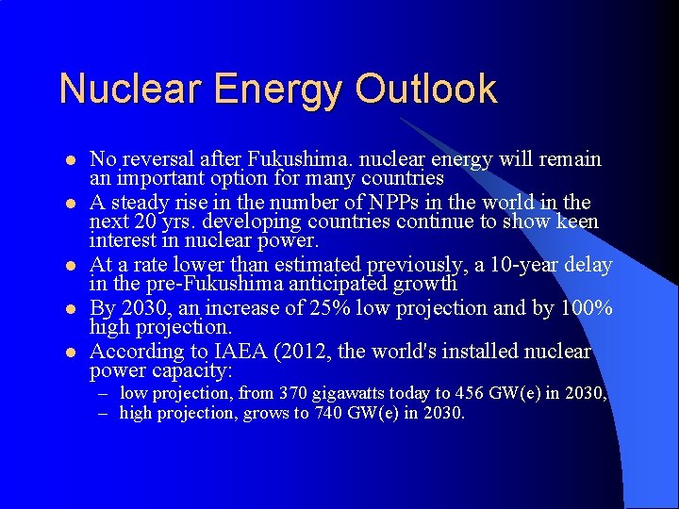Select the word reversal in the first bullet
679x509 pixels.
[165, 159]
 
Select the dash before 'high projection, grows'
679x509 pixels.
[108, 413]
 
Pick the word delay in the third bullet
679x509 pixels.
[588, 266]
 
